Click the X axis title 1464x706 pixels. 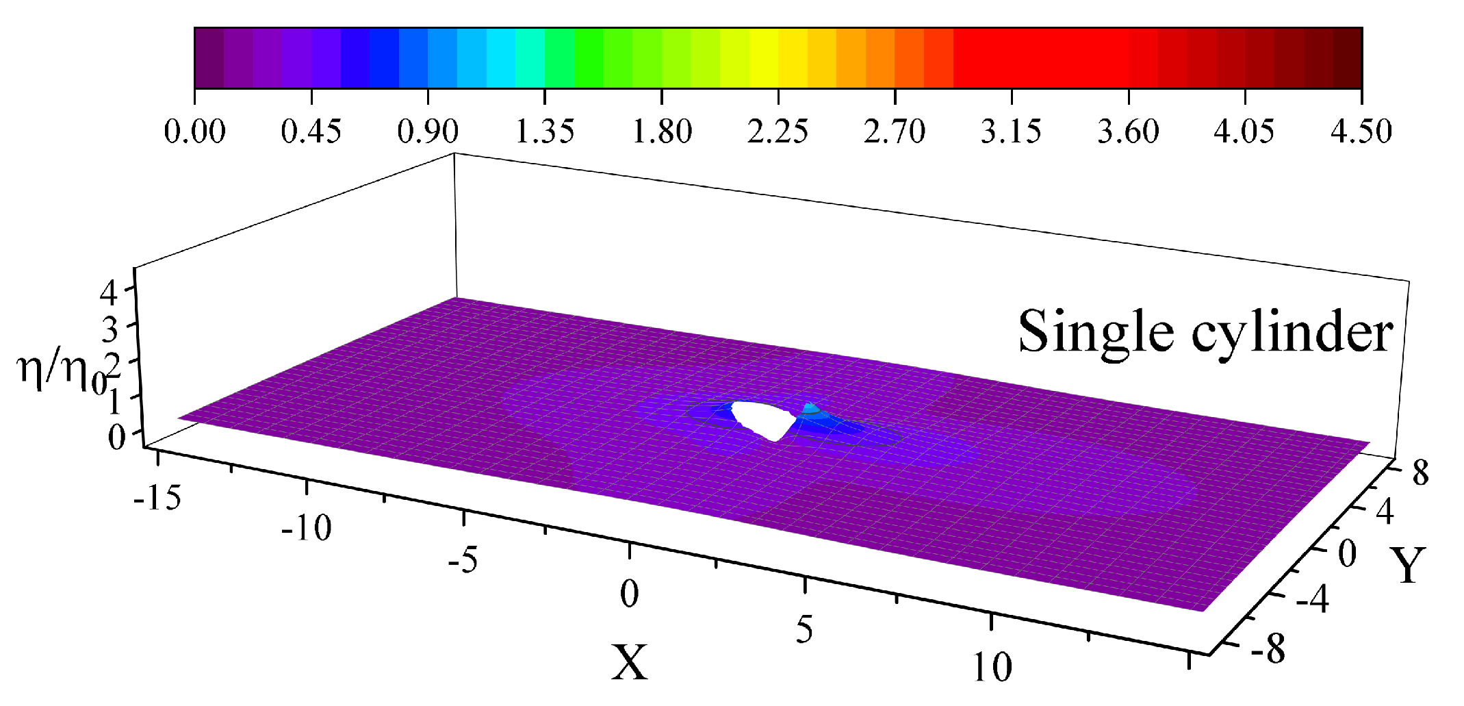pyautogui.click(x=629, y=663)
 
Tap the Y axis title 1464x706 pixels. pyautogui.click(x=1408, y=566)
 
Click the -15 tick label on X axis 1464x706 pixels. pyautogui.click(x=157, y=498)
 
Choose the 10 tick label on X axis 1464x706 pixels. pyautogui.click(x=992, y=666)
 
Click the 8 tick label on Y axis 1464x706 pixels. pyautogui.click(x=1420, y=473)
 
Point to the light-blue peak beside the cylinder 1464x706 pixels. pyautogui.click(x=811, y=409)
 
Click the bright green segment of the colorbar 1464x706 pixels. pyautogui.click(x=589, y=58)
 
